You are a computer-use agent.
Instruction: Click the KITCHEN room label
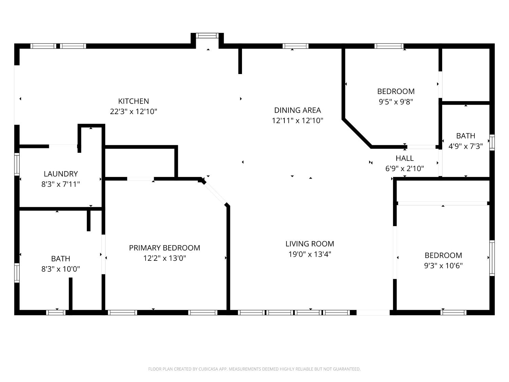coord(133,101)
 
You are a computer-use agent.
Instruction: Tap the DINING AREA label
coord(298,110)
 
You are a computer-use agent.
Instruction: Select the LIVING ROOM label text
coord(309,244)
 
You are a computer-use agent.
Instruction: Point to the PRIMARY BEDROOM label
coord(165,248)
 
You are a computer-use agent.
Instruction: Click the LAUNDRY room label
coord(61,174)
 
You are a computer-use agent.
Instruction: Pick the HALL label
coord(404,159)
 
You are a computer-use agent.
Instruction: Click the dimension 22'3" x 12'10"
coord(133,112)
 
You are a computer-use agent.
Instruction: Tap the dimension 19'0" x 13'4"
coord(309,254)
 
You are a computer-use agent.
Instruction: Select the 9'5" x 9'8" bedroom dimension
coord(396,102)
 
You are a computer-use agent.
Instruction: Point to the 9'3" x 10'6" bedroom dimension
coord(443,266)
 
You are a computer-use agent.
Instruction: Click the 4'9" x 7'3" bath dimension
coord(466,146)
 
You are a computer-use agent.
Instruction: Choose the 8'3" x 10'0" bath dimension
coord(61,269)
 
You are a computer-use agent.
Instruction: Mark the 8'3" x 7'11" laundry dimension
coord(61,184)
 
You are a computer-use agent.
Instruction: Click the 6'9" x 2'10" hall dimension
coord(404,169)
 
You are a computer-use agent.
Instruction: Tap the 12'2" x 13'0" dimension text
coord(165,258)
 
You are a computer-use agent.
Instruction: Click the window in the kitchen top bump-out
coord(207,36)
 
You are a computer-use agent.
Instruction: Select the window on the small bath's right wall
coord(492,142)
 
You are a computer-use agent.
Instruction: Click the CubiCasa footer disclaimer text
coord(254,369)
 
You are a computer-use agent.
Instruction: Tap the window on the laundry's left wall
coord(17,164)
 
